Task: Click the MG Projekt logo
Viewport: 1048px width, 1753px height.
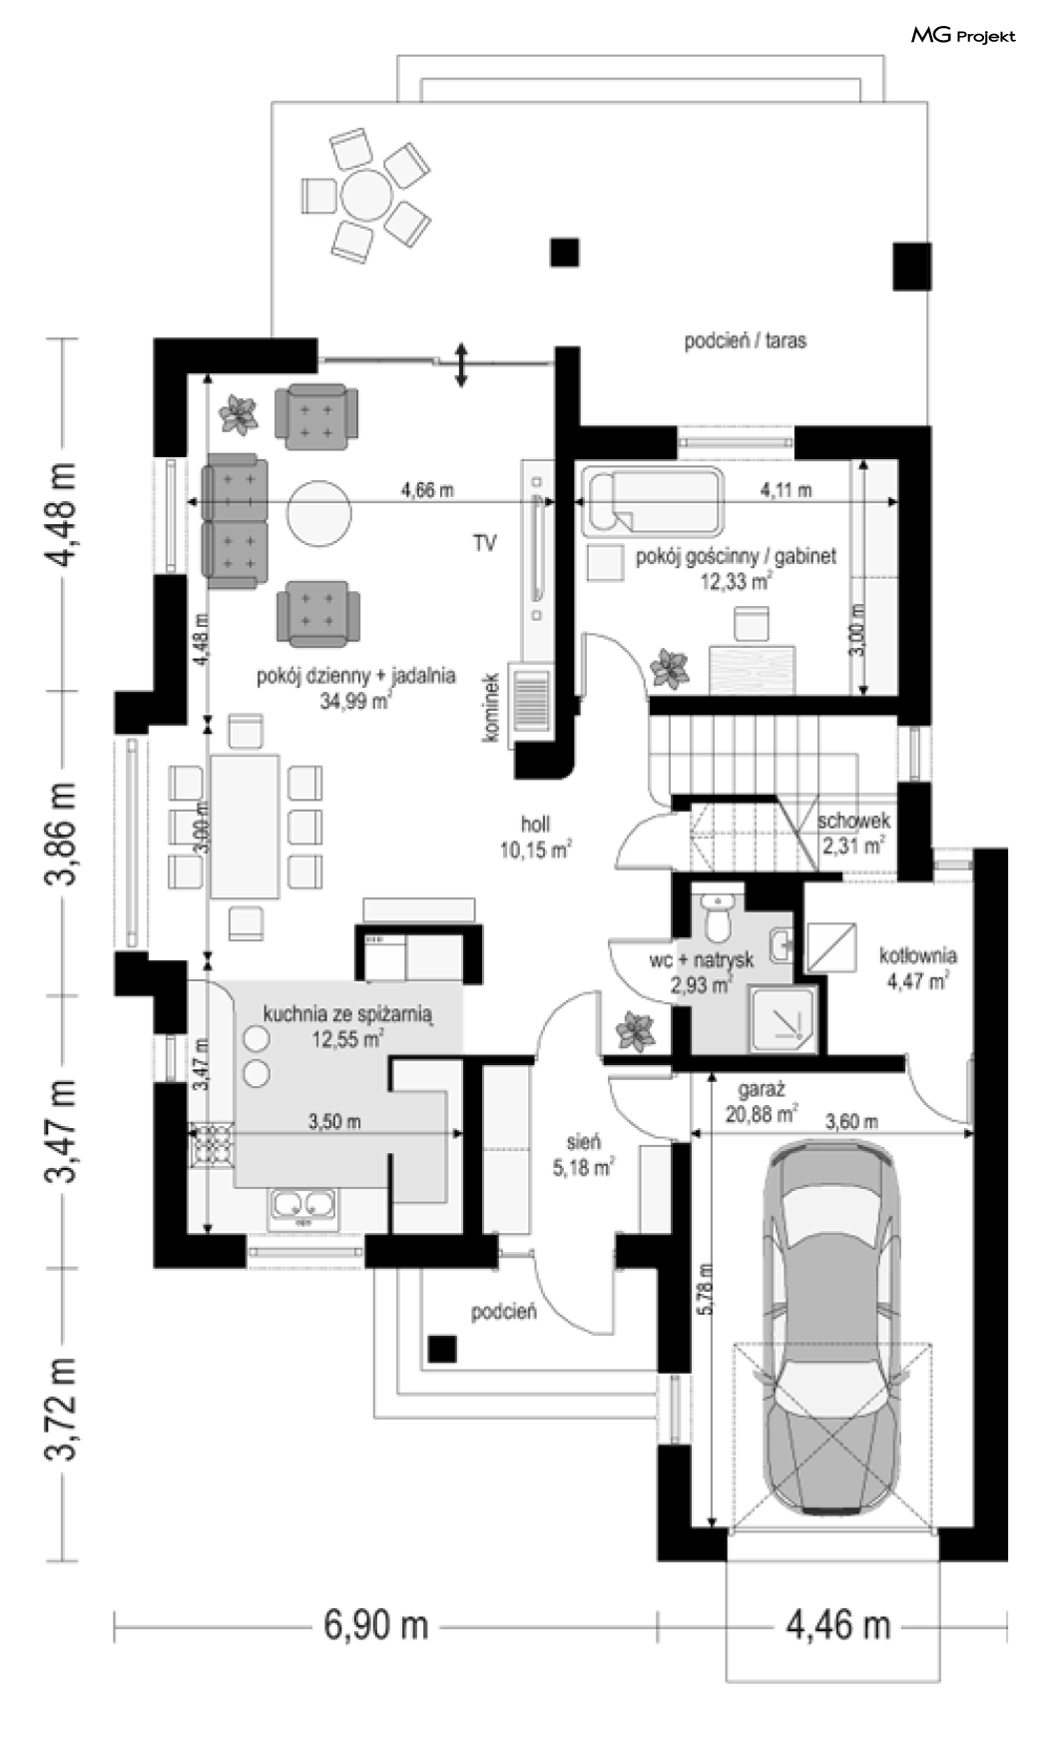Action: coord(963,36)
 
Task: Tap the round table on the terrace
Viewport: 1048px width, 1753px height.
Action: coord(366,194)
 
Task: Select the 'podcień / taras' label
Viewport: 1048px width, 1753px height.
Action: coord(746,340)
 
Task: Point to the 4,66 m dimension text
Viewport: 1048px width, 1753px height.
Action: coord(427,489)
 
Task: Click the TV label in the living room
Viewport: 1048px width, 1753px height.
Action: coord(485,543)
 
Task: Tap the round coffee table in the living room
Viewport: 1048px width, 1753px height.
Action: coord(318,511)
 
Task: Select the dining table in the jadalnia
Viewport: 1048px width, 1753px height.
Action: coord(245,826)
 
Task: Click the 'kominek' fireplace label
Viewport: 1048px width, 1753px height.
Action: coord(490,707)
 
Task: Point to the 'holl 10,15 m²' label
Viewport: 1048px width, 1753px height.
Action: coord(535,837)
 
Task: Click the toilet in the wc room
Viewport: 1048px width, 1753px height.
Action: coord(718,916)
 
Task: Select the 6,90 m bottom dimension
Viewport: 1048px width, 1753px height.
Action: coord(376,1625)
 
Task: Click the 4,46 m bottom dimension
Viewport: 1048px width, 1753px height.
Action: coord(838,1625)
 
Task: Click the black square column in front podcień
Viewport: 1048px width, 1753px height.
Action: coord(442,1349)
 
